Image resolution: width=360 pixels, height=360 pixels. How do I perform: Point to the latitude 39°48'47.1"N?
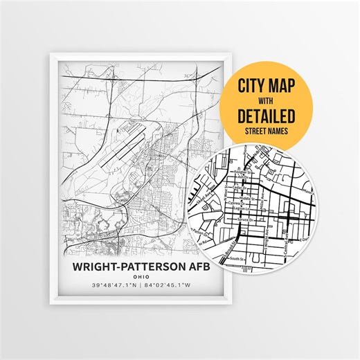(111, 285)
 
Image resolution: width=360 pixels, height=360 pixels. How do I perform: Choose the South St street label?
(237, 260)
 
